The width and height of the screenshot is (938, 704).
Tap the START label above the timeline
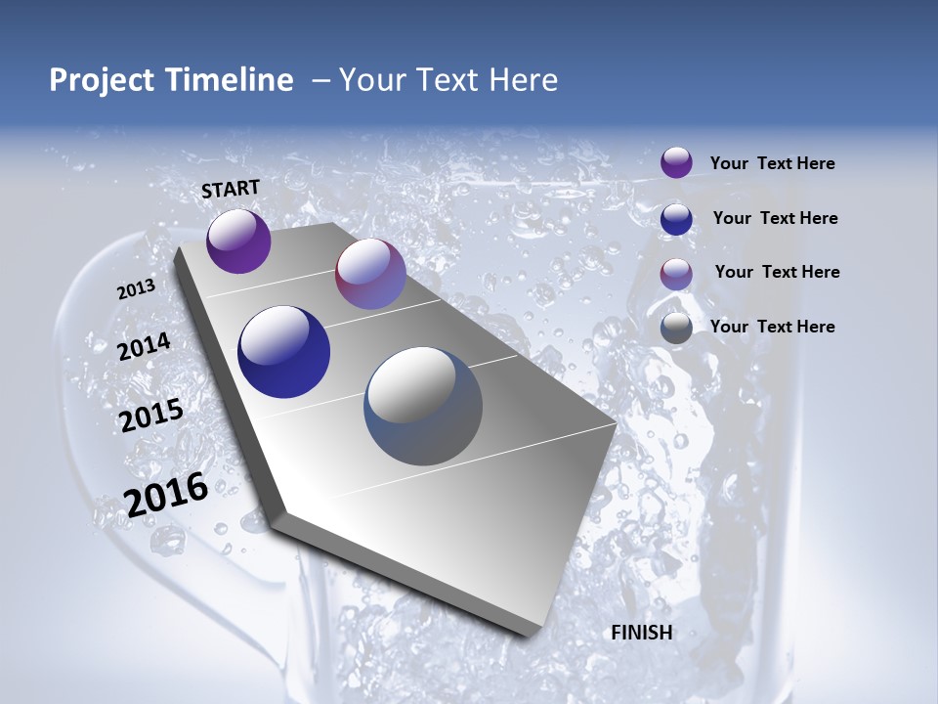231,189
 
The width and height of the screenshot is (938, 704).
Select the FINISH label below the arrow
642,633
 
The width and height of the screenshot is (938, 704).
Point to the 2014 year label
145,347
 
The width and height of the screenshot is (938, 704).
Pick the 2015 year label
151,416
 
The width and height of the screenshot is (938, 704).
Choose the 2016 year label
166,494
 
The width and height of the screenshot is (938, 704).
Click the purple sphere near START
238,241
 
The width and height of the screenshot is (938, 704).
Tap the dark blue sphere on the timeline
284,352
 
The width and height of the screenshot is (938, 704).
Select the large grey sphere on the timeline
423,406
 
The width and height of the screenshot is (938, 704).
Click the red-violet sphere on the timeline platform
370,274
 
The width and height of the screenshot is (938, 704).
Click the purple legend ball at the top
676,162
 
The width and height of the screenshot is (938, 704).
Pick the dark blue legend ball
676,218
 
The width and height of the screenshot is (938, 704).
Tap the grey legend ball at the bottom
676,328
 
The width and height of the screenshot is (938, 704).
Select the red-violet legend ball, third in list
676,273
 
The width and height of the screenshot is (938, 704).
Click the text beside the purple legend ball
772,163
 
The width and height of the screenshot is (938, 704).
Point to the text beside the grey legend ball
772,327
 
